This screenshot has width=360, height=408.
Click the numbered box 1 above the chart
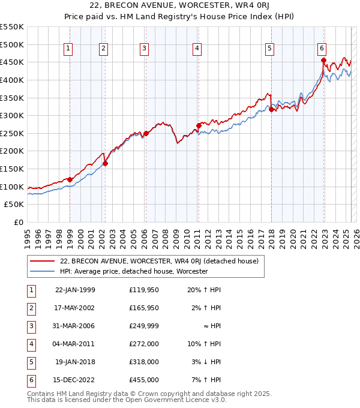click(68, 49)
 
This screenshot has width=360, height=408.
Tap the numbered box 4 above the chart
click(197, 49)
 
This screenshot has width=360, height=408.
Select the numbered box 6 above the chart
click(322, 49)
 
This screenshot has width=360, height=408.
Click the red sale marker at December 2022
click(323, 61)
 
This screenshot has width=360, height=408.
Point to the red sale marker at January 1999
click(70, 179)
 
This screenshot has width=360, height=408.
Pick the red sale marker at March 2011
click(198, 125)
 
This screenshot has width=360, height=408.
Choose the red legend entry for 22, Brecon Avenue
click(159, 261)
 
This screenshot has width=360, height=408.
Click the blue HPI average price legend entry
click(133, 271)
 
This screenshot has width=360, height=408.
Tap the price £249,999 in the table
click(144, 326)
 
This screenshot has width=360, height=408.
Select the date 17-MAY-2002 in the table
click(75, 308)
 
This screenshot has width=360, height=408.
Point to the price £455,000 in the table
click(144, 380)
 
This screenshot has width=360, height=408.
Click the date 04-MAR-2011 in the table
click(75, 344)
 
